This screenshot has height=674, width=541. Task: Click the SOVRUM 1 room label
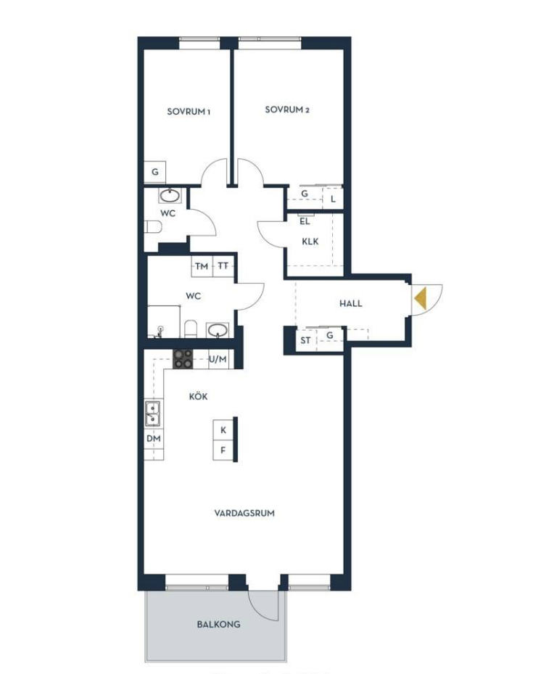[x=189, y=112]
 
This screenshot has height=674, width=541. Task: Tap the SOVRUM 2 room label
[x=287, y=110]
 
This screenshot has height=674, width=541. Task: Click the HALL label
[x=351, y=303]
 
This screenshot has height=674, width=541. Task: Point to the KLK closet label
[x=310, y=242]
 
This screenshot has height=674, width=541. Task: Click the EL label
[x=305, y=222]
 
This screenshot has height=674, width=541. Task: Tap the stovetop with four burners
[x=183, y=359]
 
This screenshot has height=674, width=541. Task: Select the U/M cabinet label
[x=218, y=359]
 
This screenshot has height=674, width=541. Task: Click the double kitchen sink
[x=153, y=414]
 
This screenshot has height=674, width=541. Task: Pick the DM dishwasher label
[x=154, y=438]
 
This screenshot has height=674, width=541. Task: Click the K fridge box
[x=223, y=430]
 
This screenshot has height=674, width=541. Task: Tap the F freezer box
[x=223, y=451]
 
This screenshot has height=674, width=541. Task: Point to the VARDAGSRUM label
[x=244, y=513]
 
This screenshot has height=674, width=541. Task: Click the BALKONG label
[x=218, y=624]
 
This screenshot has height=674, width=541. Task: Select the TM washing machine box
[x=202, y=266]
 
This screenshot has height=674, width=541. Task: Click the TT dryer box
[x=223, y=266]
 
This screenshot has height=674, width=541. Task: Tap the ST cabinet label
[x=305, y=340]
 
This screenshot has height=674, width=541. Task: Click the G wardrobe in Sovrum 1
[x=154, y=172]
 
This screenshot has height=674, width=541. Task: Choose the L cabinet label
[x=333, y=200]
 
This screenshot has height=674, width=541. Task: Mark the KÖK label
[x=198, y=396]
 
